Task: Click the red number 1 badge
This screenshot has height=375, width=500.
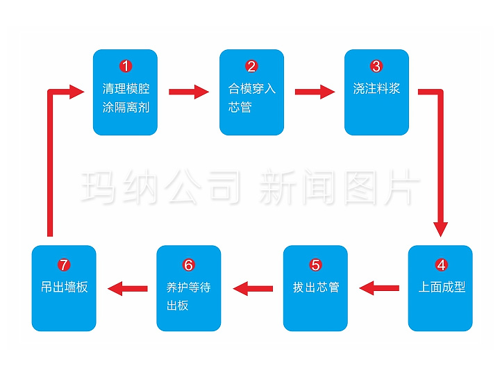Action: (x=125, y=67)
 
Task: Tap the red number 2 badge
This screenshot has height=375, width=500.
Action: (x=251, y=67)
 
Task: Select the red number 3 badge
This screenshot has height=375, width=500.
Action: (x=376, y=67)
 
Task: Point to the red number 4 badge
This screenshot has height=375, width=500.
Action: (x=440, y=265)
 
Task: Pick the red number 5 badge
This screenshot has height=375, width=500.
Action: (x=315, y=265)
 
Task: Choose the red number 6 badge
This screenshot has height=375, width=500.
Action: (x=189, y=265)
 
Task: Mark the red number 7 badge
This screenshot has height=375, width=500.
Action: (x=64, y=265)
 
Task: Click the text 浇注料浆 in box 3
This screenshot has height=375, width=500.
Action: (x=376, y=89)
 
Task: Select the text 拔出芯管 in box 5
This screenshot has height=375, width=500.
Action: (x=316, y=287)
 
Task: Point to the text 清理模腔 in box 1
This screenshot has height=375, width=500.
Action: (x=126, y=89)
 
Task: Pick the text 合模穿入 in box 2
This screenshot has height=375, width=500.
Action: (x=252, y=89)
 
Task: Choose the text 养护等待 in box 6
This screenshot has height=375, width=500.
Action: (x=188, y=287)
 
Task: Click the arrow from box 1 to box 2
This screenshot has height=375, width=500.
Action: (x=188, y=91)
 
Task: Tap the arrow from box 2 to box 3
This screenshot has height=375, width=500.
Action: (x=314, y=91)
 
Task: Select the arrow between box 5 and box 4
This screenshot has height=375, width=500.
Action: (x=378, y=287)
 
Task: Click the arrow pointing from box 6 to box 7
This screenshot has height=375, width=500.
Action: (x=127, y=287)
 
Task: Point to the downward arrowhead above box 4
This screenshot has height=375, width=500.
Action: (x=441, y=229)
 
